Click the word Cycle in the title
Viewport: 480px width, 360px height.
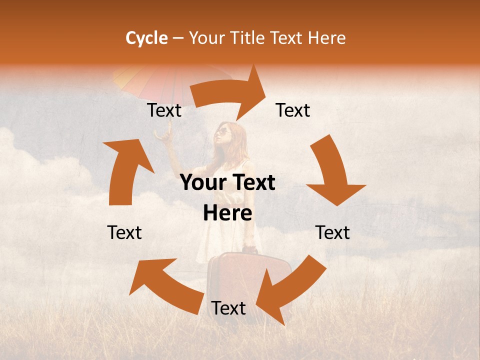point(146,38)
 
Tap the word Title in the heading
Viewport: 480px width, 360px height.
point(248,38)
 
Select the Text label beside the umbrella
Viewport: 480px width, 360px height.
point(164,110)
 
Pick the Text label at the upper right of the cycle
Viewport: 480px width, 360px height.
point(293,110)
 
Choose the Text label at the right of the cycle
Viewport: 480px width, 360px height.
point(332,232)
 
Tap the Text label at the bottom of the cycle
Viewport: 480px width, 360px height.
point(228,308)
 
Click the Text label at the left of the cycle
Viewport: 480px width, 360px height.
point(124,232)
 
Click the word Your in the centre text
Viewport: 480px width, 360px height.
point(202,183)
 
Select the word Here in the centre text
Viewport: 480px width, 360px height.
point(227,213)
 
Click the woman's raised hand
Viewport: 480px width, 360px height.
point(162,133)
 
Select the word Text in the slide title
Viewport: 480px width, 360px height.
point(287,38)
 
